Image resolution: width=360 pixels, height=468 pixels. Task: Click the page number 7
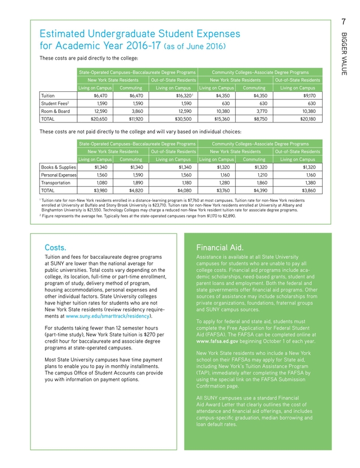(344, 22)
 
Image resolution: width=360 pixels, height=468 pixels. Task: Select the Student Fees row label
(55, 104)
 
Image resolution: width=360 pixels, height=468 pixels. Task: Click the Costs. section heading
(56, 247)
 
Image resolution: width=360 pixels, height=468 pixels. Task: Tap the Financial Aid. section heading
(219, 247)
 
